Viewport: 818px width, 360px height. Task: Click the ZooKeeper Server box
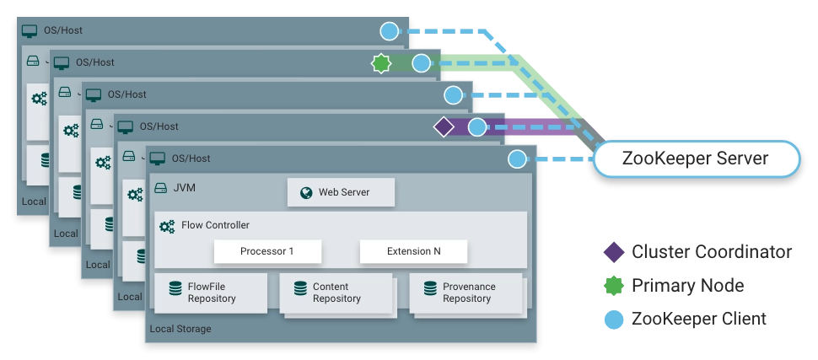click(696, 159)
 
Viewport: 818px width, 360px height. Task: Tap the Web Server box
click(342, 192)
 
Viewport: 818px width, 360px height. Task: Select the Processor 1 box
click(267, 251)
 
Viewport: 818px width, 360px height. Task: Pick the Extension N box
click(414, 251)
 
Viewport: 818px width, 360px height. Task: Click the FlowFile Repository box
click(211, 293)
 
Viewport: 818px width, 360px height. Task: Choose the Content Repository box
click(336, 293)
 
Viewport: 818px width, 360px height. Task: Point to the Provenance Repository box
click(466, 293)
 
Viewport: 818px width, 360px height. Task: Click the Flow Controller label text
click(215, 225)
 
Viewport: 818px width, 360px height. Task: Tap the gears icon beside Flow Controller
click(167, 227)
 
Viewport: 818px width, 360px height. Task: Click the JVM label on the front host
click(185, 188)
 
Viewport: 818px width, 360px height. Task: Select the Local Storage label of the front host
click(180, 329)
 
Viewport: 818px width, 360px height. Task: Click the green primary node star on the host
click(381, 63)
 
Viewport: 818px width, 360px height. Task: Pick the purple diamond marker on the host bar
click(444, 126)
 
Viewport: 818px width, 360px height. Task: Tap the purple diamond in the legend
click(614, 252)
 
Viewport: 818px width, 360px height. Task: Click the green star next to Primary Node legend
click(614, 286)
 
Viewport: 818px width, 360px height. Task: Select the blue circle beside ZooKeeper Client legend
click(614, 319)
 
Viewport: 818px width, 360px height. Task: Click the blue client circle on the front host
click(517, 159)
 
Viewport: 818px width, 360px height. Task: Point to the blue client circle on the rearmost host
click(389, 31)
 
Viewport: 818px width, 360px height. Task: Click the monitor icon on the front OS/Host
click(157, 159)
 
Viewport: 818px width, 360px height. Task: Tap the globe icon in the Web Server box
click(306, 193)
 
